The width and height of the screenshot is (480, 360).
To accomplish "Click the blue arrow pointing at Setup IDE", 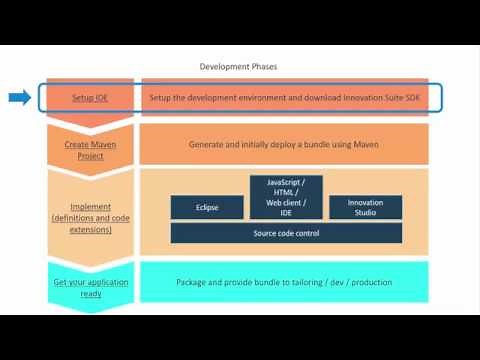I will pyautogui.click(x=19, y=97).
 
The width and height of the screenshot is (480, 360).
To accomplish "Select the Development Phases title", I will pyautogui.click(x=238, y=66).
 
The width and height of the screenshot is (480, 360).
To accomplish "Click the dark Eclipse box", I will pyautogui.click(x=208, y=207).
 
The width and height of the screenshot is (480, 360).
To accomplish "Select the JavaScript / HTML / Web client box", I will pyautogui.click(x=286, y=197).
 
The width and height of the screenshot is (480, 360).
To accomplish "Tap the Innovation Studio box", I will pyautogui.click(x=365, y=207).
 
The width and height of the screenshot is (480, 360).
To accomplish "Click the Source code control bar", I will pyautogui.click(x=286, y=233).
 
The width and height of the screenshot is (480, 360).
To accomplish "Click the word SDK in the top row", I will pyautogui.click(x=381, y=98).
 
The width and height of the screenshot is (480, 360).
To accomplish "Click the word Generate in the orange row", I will pyautogui.click(x=207, y=144).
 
